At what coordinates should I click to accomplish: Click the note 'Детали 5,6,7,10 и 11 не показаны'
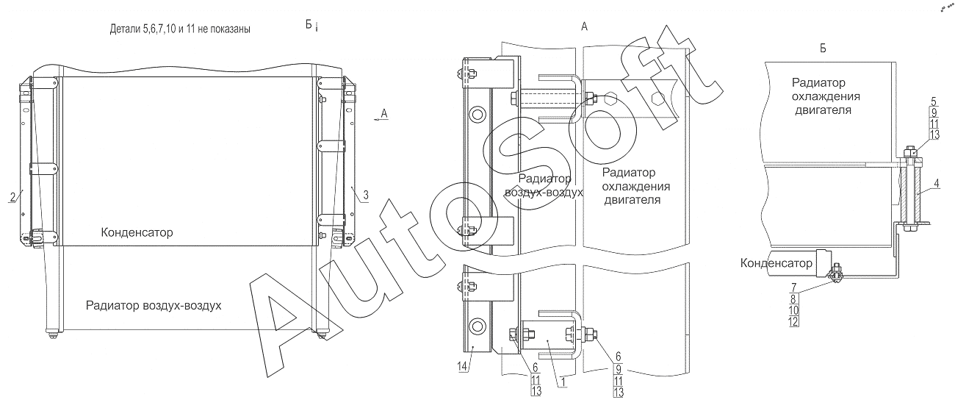coord(180,29)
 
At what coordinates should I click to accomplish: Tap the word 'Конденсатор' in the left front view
coord(137,232)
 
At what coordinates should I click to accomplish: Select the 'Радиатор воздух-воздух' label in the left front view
coord(154,306)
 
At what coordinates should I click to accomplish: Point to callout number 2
coord(12,197)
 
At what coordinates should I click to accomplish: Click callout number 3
coord(366,196)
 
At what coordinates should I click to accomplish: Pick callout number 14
coord(462,366)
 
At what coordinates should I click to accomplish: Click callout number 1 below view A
coord(563,382)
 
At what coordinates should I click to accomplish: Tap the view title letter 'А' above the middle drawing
coord(584,26)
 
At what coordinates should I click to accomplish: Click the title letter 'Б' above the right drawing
coord(823,49)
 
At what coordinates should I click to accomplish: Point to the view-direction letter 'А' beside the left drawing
coord(384,113)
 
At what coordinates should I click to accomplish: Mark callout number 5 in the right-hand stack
coord(934,101)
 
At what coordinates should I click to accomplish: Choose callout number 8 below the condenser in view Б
coord(793,299)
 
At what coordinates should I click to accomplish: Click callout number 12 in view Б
coord(793,321)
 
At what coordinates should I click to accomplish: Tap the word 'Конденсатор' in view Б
coord(776,263)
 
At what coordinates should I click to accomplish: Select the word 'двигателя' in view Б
coord(823,110)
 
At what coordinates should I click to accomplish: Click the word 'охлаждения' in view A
coord(636,187)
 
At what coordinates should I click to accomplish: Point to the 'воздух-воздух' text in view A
coord(544,193)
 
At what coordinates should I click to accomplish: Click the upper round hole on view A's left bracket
coord(477,115)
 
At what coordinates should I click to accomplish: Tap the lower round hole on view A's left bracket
coord(477,327)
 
